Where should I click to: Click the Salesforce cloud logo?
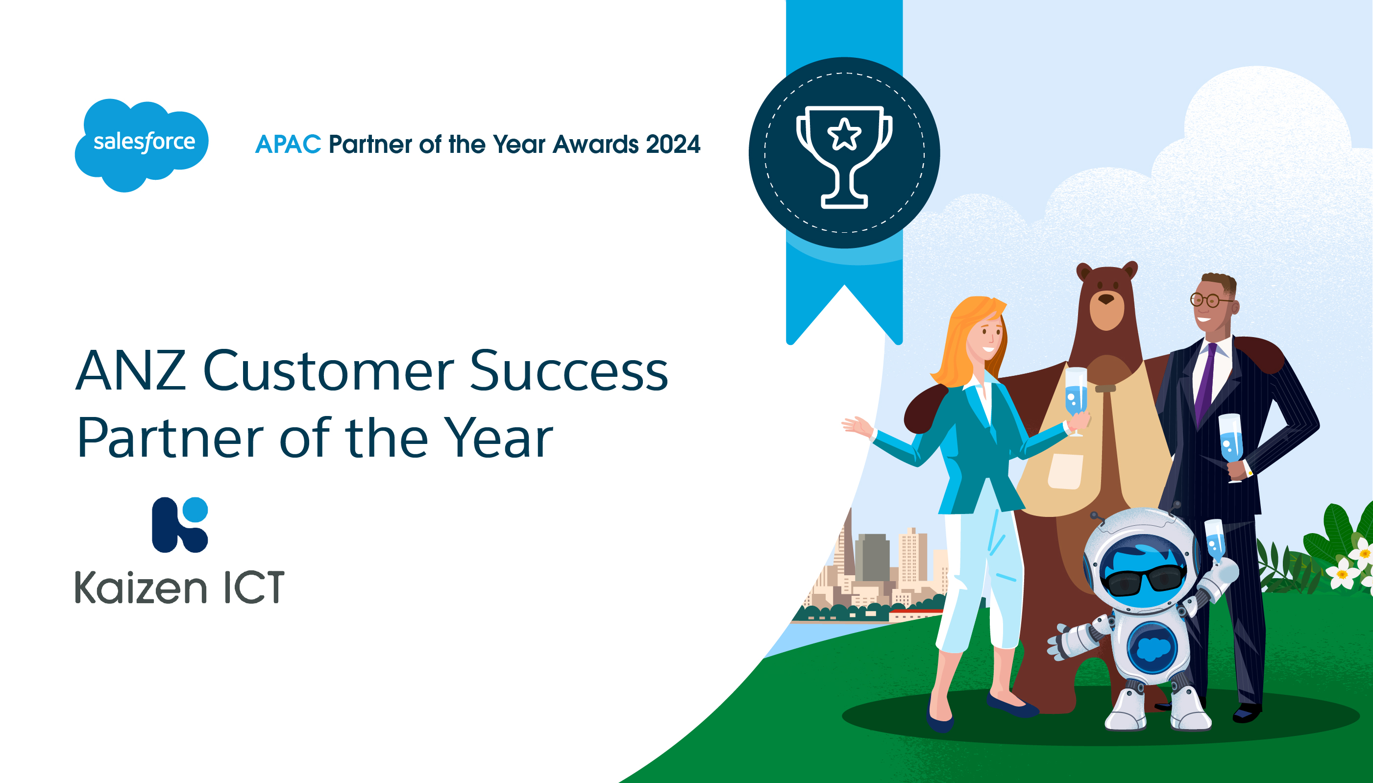[142, 145]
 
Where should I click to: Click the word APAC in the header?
[288, 144]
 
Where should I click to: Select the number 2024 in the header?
[673, 144]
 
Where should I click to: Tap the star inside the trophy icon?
[844, 134]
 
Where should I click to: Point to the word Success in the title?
[569, 370]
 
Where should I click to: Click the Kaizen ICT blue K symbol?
[180, 525]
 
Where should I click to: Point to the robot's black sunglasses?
[1145, 580]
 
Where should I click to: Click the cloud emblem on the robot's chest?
[1152, 648]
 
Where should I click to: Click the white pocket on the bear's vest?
[1065, 471]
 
